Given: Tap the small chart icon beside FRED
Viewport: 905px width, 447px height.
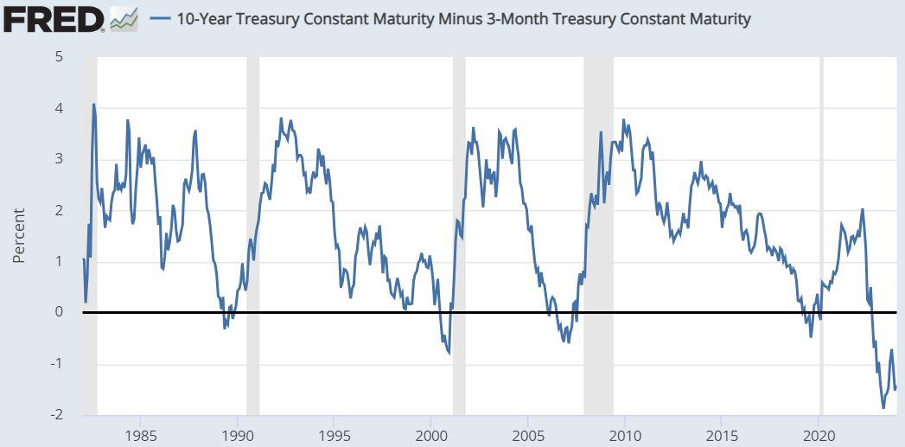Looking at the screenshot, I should coord(124,18).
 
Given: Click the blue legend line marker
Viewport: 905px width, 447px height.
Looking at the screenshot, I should coord(160,18).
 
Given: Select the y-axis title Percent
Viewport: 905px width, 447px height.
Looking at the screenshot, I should coord(19,235).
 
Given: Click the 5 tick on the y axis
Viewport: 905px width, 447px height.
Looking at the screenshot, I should coord(59,57).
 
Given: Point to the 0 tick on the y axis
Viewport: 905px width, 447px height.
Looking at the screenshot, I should coord(59,312).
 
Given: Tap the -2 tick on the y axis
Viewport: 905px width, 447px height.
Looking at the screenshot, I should coord(56,414).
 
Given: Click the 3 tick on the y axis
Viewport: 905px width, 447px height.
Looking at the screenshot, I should coord(59,159).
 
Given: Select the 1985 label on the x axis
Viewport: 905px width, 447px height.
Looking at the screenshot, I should coord(140,434).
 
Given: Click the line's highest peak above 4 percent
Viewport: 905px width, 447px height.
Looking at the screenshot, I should coord(93,105).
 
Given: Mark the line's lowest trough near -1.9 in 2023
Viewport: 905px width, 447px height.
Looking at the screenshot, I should coord(883,407).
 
